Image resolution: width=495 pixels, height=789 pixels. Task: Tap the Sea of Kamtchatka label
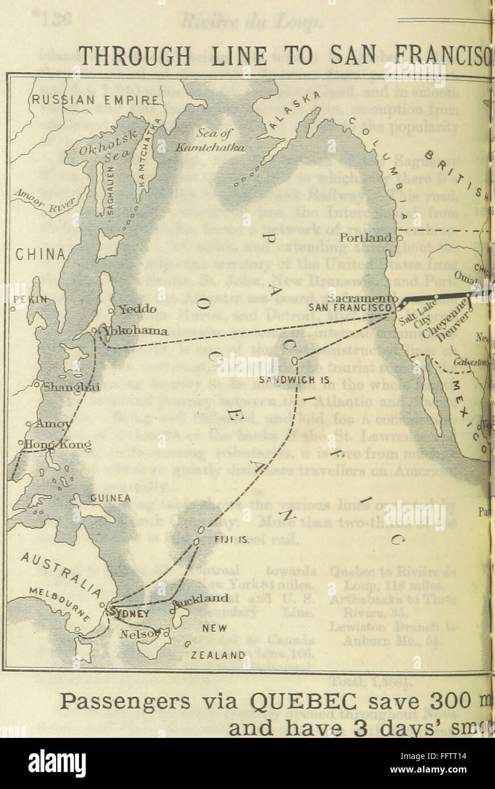click(213, 141)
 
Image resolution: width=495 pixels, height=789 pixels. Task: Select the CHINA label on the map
click(34, 253)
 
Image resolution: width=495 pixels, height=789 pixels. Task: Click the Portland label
click(366, 237)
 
